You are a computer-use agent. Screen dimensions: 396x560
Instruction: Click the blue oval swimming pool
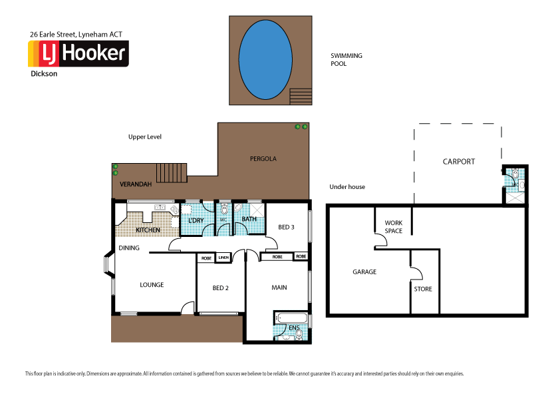pyautogui.click(x=264, y=59)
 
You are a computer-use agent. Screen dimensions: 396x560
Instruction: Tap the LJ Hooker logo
pyautogui.click(x=78, y=54)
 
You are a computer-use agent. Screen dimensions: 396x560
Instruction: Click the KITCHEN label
pyautogui.click(x=148, y=230)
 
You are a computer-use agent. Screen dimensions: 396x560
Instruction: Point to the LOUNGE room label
pyautogui.click(x=152, y=285)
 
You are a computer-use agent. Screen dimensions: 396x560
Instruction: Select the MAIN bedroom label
pyautogui.click(x=279, y=288)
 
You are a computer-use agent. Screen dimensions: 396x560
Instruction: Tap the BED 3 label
pyautogui.click(x=286, y=228)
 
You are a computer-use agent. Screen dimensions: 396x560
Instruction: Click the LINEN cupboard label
pyautogui.click(x=223, y=257)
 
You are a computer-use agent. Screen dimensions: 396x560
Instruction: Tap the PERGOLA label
pyautogui.click(x=263, y=159)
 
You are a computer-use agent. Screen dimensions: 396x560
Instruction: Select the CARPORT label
pyautogui.click(x=459, y=162)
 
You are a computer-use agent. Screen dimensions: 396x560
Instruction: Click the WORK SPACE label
pyautogui.click(x=393, y=227)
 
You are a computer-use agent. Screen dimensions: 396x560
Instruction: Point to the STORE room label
pyautogui.click(x=423, y=289)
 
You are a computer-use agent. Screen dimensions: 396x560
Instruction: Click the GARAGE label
pyautogui.click(x=364, y=272)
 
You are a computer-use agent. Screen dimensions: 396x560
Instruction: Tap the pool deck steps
pyautogui.click(x=301, y=97)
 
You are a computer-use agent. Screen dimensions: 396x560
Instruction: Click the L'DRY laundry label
pyautogui.click(x=195, y=220)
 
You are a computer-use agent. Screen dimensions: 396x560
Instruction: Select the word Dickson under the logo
pyautogui.click(x=44, y=75)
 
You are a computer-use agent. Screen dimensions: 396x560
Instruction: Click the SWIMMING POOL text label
pyautogui.click(x=347, y=60)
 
